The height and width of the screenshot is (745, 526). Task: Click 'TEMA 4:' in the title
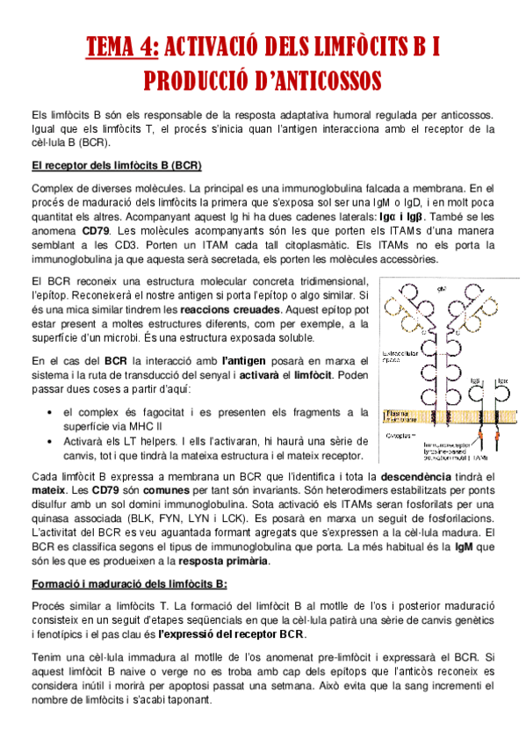click(122, 47)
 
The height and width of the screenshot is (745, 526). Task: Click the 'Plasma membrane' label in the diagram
click(400, 413)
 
